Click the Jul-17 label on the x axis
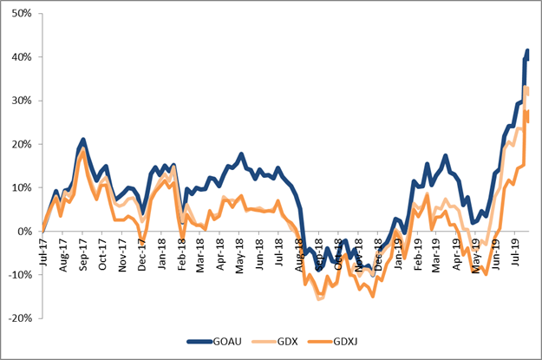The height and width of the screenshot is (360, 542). point(42,252)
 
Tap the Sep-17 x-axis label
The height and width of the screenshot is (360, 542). point(83,252)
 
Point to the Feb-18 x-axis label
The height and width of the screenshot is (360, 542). point(182,252)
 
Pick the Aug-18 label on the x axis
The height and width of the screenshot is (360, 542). point(300,252)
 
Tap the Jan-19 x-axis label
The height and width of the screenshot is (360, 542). point(399,252)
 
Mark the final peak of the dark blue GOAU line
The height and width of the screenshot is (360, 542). point(527,51)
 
